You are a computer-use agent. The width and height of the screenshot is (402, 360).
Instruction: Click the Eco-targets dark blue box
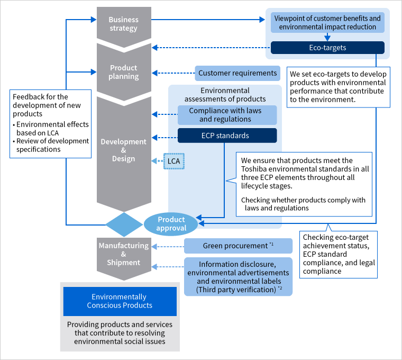(x=327, y=48)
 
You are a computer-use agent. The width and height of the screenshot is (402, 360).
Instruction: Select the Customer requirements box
(x=237, y=73)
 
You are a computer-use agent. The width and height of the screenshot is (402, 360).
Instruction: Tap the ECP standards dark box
(x=227, y=135)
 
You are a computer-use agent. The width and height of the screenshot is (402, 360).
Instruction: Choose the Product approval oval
(x=171, y=224)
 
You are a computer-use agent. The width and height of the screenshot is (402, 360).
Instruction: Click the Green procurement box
(x=238, y=246)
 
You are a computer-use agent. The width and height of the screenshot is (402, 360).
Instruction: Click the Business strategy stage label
(x=123, y=24)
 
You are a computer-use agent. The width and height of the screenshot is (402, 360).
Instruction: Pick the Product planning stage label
(x=123, y=72)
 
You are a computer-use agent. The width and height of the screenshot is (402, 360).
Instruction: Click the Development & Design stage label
(x=123, y=150)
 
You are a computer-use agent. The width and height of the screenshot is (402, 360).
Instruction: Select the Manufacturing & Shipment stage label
(x=123, y=254)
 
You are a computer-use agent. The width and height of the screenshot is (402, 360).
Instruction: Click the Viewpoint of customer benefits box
(x=327, y=22)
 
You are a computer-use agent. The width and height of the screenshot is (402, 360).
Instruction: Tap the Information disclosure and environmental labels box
(x=238, y=276)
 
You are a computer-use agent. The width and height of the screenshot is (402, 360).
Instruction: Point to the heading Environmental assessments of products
(x=225, y=95)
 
